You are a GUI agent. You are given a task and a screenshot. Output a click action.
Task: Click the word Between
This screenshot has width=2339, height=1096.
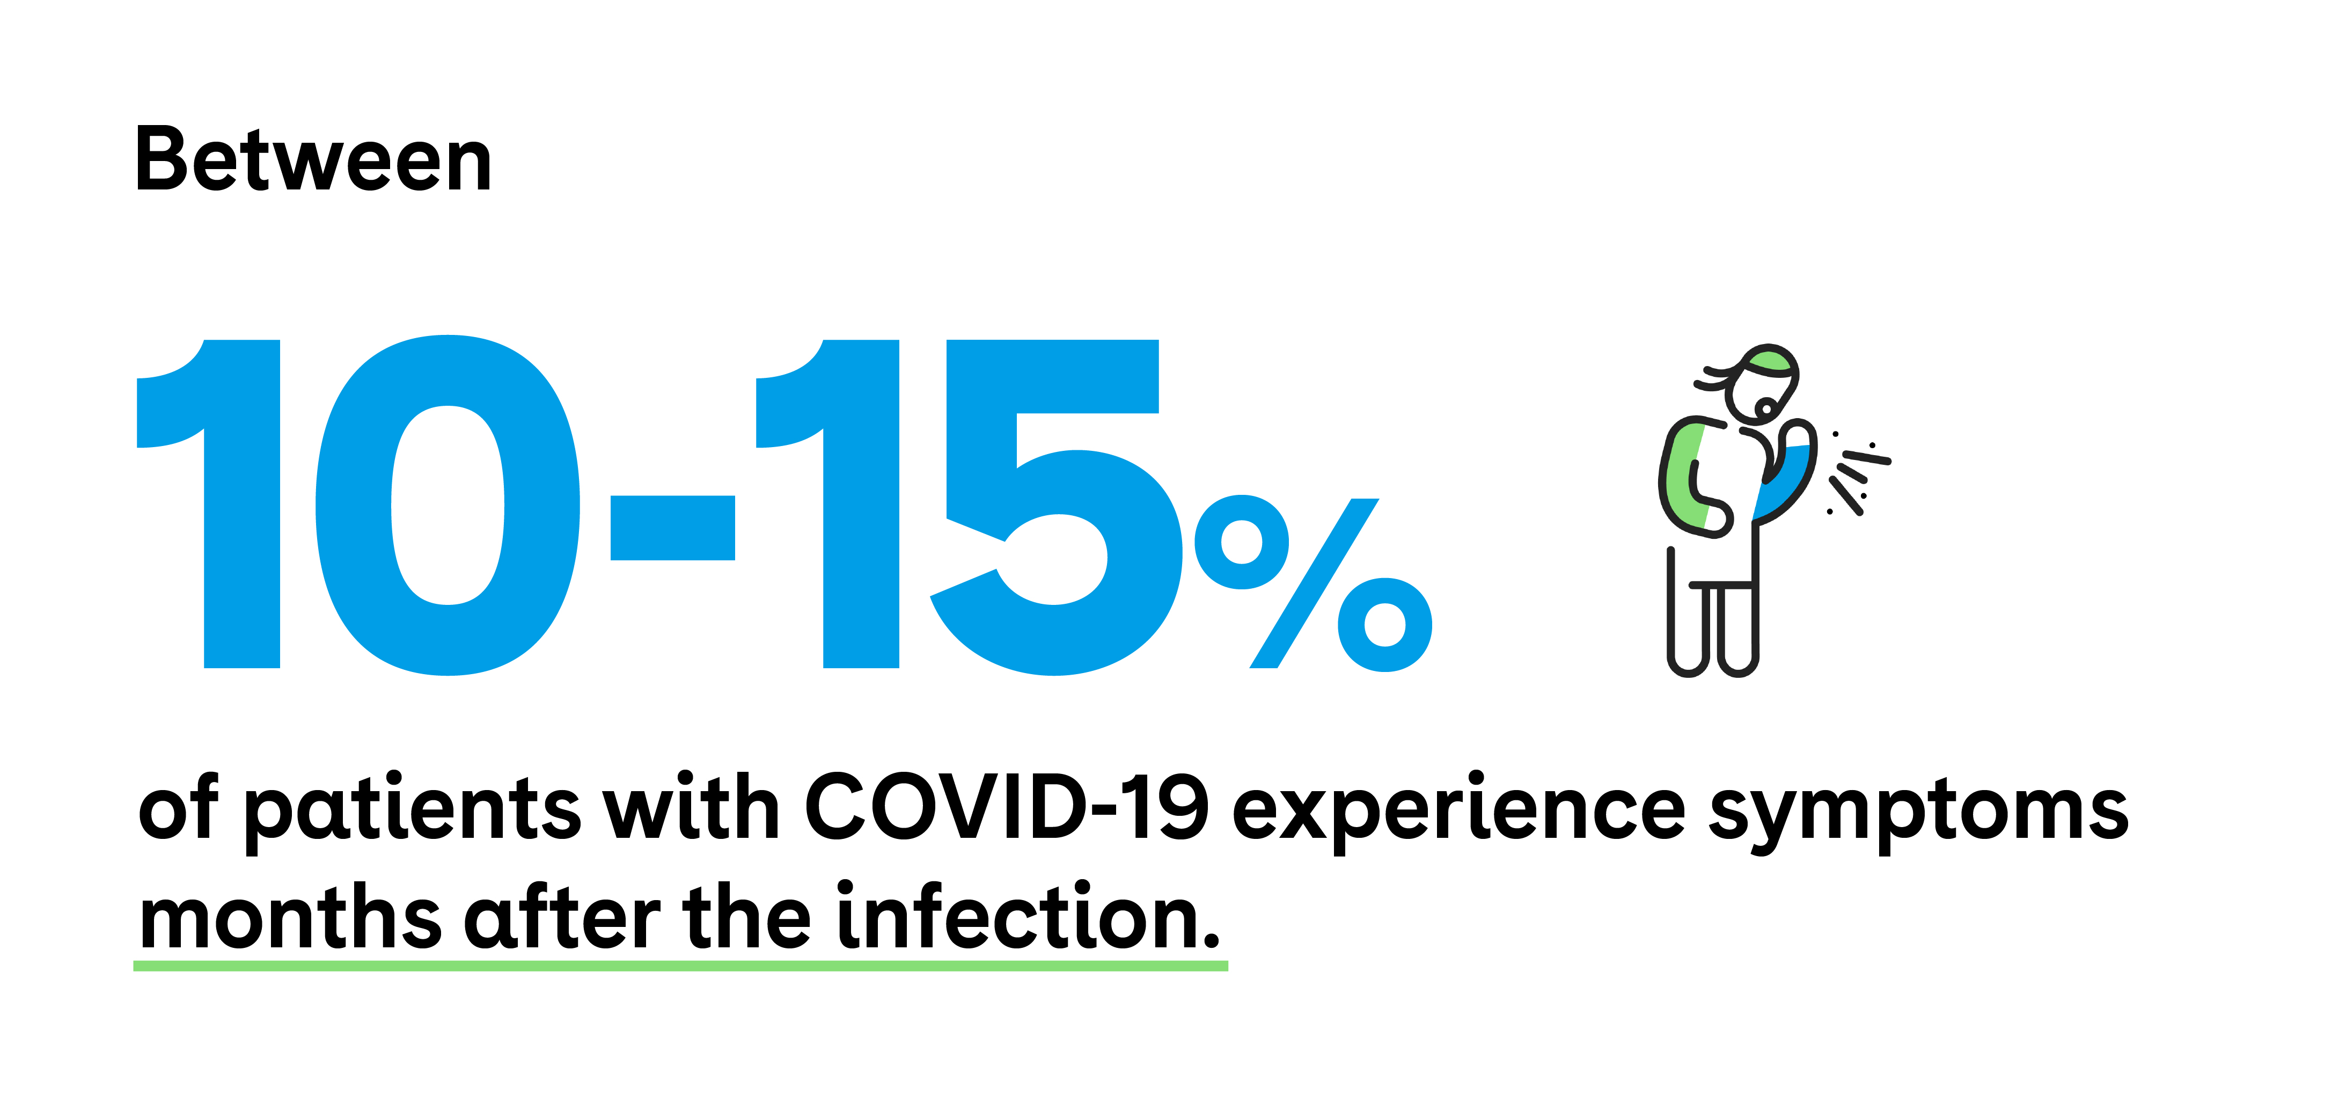(313, 160)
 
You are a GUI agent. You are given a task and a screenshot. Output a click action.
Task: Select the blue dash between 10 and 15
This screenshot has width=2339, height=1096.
(672, 528)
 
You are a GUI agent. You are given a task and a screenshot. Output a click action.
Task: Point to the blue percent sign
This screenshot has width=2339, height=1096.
(1314, 583)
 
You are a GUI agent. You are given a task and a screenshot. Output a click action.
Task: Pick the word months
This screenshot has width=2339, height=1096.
(290, 917)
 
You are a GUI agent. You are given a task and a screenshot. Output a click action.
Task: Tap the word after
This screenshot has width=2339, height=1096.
(563, 915)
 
